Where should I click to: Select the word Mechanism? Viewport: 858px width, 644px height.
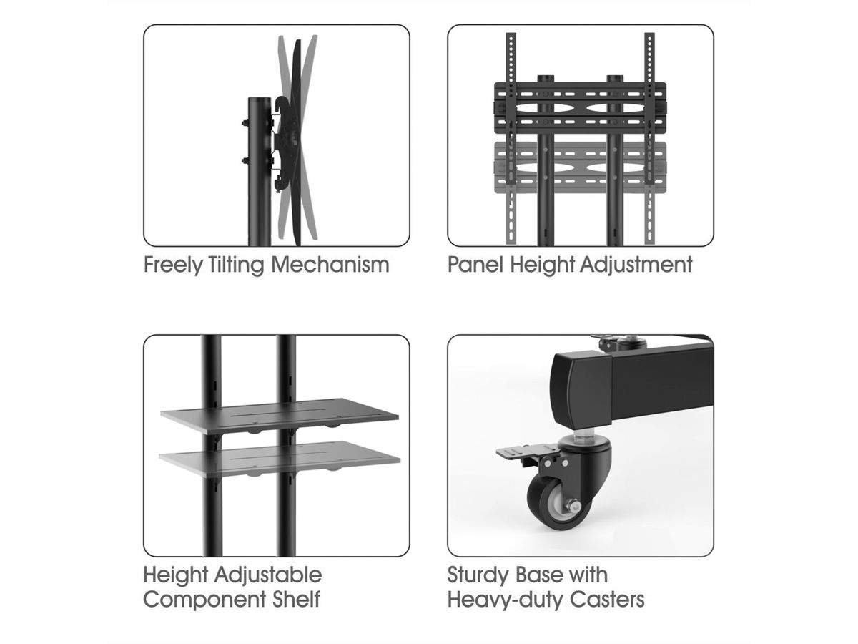[x=330, y=265]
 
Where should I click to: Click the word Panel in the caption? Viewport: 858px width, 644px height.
[x=475, y=264]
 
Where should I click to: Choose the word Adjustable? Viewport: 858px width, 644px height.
[x=267, y=575]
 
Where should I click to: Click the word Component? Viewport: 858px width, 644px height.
[x=204, y=600]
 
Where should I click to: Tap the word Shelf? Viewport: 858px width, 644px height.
[x=296, y=599]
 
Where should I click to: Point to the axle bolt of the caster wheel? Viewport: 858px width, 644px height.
[x=572, y=507]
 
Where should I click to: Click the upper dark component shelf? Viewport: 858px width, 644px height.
[x=280, y=415]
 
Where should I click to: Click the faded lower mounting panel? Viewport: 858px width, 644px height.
[x=580, y=167]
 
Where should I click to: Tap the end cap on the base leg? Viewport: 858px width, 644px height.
[x=581, y=390]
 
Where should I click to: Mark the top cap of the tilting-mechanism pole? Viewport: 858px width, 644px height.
[x=259, y=100]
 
